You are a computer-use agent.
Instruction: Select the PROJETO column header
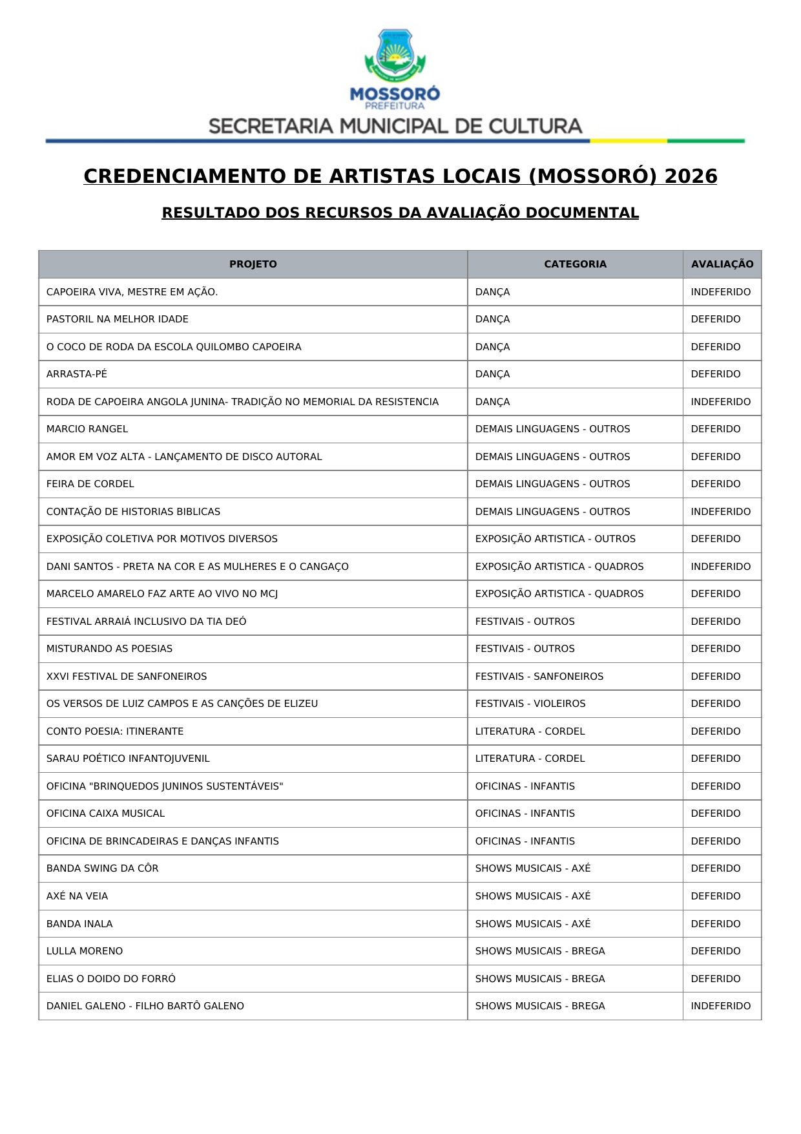pyautogui.click(x=253, y=264)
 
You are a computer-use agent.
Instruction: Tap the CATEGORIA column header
pyautogui.click(x=575, y=264)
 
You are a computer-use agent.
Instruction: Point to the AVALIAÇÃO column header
pyautogui.click(x=722, y=264)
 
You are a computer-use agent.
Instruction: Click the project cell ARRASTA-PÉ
pyautogui.click(x=77, y=374)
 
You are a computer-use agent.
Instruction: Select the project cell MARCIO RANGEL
pyautogui.click(x=87, y=429)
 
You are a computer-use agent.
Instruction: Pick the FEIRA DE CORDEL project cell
pyautogui.click(x=90, y=484)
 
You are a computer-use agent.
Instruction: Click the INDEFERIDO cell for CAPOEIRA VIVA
pyautogui.click(x=720, y=292)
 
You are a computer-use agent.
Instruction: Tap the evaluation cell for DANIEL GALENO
pyautogui.click(x=720, y=1006)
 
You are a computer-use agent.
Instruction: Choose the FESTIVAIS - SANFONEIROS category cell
pyautogui.click(x=539, y=677)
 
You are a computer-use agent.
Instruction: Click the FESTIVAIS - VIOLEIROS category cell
pyautogui.click(x=530, y=704)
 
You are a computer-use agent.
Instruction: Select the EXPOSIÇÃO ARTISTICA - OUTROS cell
pyautogui.click(x=555, y=539)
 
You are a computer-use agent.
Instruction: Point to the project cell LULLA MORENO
pyautogui.click(x=85, y=951)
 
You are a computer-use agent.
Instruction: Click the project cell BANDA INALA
pyautogui.click(x=79, y=924)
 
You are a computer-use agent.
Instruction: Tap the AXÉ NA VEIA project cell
pyautogui.click(x=78, y=896)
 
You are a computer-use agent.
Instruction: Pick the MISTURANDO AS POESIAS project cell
pyautogui.click(x=110, y=649)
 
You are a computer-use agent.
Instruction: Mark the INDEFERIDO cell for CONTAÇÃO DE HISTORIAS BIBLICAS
pyautogui.click(x=720, y=512)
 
